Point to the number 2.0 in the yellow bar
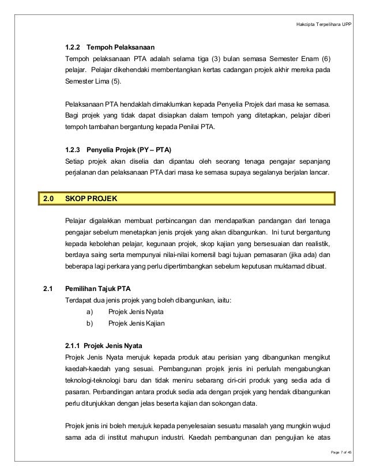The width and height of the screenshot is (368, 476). pyautogui.click(x=48, y=199)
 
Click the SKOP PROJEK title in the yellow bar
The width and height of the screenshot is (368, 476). pyautogui.click(x=91, y=199)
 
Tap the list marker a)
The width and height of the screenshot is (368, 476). pyautogui.click(x=89, y=312)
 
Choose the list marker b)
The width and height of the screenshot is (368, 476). pyautogui.click(x=89, y=323)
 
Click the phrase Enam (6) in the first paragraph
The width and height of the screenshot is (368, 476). pyautogui.click(x=321, y=59)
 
